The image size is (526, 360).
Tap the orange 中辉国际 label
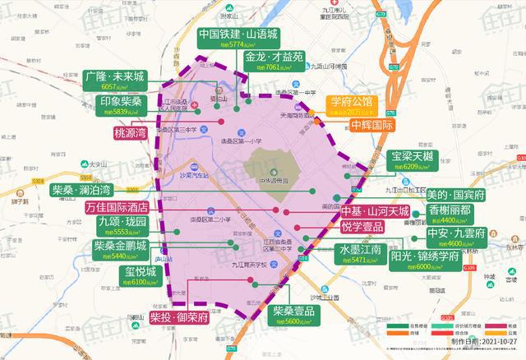point(371,127)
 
